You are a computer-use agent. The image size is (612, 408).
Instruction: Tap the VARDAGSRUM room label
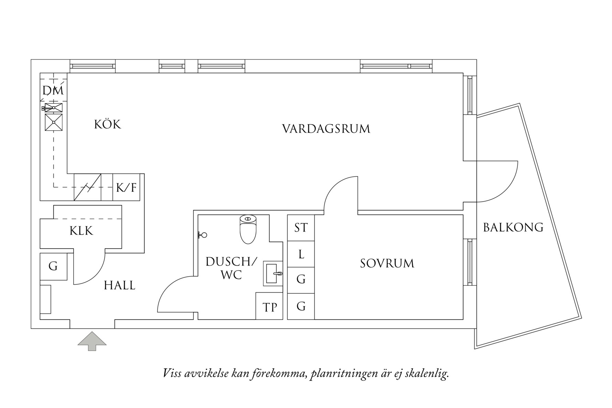[x=326, y=129]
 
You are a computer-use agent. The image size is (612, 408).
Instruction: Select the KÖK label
[x=108, y=124]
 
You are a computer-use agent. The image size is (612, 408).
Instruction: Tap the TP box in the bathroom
[x=269, y=307]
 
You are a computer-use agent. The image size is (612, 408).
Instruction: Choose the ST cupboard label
[x=301, y=228]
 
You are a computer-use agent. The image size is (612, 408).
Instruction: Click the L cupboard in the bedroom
[x=301, y=254]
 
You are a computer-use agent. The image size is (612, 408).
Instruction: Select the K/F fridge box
[x=126, y=188]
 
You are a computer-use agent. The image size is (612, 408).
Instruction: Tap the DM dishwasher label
[x=53, y=90]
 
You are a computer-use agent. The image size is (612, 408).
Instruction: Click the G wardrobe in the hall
[x=53, y=266]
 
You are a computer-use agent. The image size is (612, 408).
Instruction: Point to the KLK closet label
[x=81, y=231]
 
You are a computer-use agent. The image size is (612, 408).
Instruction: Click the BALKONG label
[x=513, y=228]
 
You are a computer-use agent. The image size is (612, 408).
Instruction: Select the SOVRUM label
[x=387, y=264]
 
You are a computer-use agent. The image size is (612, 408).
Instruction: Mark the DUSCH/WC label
[x=231, y=268]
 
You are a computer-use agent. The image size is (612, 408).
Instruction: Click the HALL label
[x=120, y=285]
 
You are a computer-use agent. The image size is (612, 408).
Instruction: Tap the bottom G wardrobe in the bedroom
[x=301, y=306]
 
